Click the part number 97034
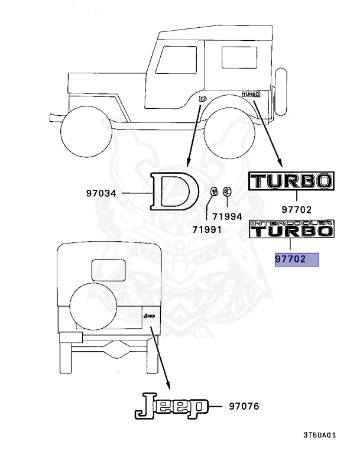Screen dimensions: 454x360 pyautogui.click(x=101, y=193)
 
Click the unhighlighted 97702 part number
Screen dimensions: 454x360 pyautogui.click(x=296, y=209)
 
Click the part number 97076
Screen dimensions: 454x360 pyautogui.click(x=244, y=406)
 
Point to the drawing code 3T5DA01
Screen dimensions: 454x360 pyautogui.click(x=320, y=435)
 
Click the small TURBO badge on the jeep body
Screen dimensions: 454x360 pyautogui.click(x=251, y=94)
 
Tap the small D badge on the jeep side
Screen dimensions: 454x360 pyautogui.click(x=203, y=99)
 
